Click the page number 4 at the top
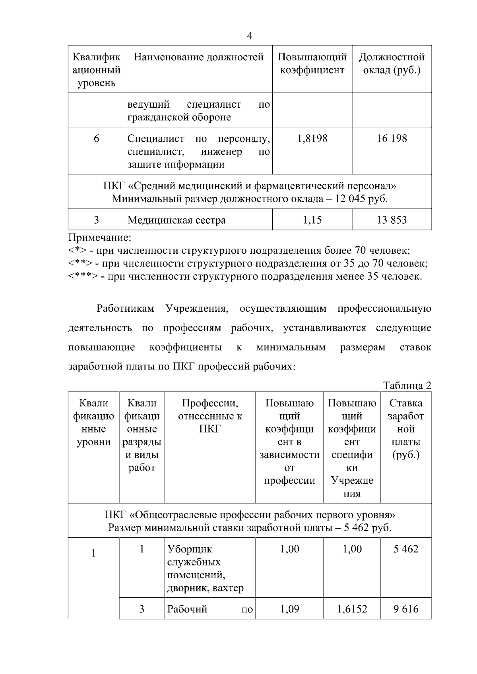tap(250, 36)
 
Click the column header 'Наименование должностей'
tap(198, 57)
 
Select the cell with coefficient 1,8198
tap(312, 139)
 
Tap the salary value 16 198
tap(392, 139)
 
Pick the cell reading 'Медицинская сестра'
tap(176, 220)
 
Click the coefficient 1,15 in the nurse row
tap(312, 220)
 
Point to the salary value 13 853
tap(392, 220)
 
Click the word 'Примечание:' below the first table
tap(99, 238)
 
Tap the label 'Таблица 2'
tap(407, 386)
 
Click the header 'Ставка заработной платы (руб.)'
tap(406, 429)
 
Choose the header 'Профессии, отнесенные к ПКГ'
tap(210, 416)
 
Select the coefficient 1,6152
tap(352, 609)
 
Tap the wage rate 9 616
tap(406, 609)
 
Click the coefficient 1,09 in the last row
tap(289, 609)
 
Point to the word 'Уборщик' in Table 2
tap(190, 549)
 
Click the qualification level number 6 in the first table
tap(97, 139)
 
